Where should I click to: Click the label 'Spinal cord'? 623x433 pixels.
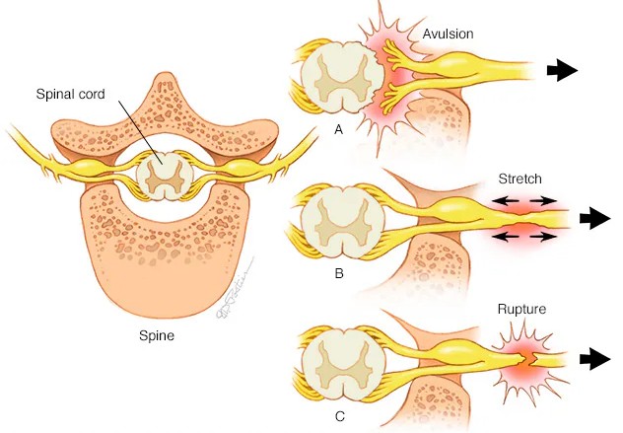coord(70,95)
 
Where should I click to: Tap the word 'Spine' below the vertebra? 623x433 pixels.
coord(157,335)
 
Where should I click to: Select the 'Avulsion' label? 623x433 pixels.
coord(448,34)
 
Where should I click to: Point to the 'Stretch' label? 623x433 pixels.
coord(519,179)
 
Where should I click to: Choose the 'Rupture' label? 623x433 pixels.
coord(521,310)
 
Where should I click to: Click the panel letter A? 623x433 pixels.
coord(338,129)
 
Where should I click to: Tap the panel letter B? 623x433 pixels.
coord(339,273)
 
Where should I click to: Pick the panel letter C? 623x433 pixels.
coord(340,416)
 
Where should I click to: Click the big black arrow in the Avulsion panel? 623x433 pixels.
coord(562,70)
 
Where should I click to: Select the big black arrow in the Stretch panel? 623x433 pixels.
coord(594,218)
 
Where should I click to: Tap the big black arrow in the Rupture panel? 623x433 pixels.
coord(594,359)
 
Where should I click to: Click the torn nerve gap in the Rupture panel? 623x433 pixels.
coord(531,359)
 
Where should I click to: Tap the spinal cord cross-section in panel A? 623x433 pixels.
coord(341,78)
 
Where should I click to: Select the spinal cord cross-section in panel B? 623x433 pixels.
coord(342,223)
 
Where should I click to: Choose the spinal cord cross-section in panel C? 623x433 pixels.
coord(342,365)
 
